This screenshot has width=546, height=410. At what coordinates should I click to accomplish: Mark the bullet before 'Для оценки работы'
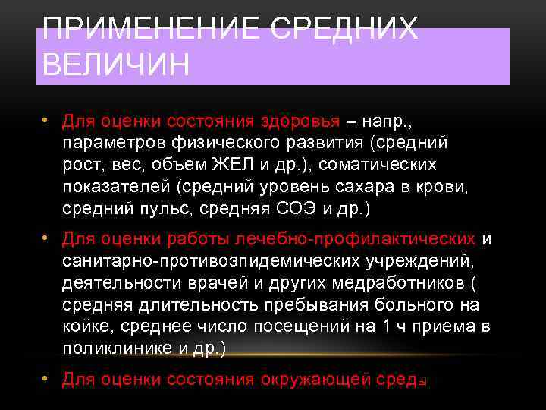[46, 240]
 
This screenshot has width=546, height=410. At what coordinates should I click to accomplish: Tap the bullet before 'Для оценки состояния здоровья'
[46, 121]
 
